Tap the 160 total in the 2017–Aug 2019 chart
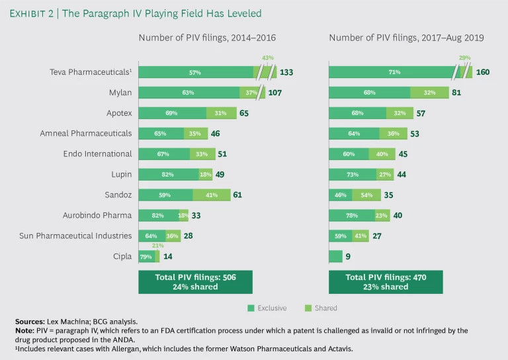[x=482, y=72]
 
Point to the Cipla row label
[x=123, y=256]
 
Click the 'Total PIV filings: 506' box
[x=195, y=281]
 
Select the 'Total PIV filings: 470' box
[x=386, y=281]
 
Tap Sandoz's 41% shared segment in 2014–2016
[x=212, y=195]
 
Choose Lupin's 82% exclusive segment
[x=169, y=175]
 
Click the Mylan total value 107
[x=275, y=93]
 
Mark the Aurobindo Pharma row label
[x=99, y=215]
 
